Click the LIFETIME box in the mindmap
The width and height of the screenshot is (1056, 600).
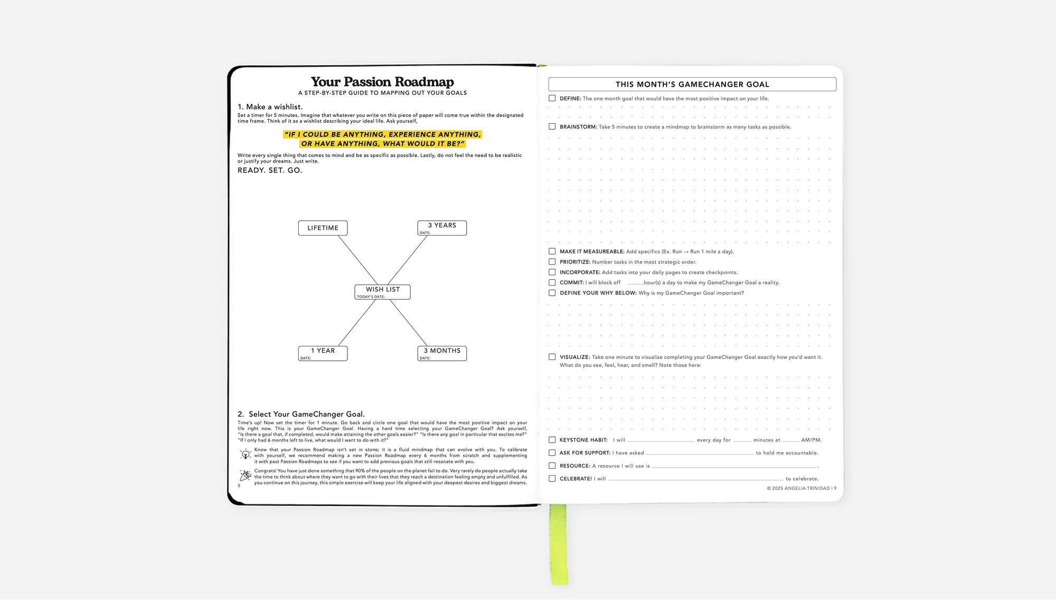pos(323,228)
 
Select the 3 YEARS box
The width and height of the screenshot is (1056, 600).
pos(442,228)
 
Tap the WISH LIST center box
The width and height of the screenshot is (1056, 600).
pos(382,292)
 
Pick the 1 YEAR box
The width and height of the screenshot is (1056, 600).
pos(323,353)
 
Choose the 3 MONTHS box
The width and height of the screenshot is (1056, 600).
pos(442,353)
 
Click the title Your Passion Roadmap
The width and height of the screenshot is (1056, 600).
pos(382,82)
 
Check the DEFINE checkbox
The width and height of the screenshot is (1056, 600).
pos(552,98)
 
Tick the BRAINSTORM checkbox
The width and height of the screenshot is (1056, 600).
pos(552,127)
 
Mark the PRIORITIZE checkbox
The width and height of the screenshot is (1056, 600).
pos(552,262)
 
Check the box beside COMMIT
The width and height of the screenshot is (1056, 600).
pos(552,283)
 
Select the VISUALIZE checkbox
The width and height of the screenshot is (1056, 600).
pos(552,357)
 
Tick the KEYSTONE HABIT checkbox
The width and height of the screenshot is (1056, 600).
pos(552,440)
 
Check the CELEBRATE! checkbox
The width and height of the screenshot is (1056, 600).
pos(552,479)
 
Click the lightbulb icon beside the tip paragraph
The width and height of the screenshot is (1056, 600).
pos(246,454)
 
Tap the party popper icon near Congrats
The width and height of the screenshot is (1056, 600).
pos(246,476)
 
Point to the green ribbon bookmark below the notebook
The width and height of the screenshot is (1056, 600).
pos(558,544)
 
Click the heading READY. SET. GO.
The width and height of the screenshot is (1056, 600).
pos(270,171)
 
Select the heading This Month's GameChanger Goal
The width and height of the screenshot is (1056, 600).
pos(692,85)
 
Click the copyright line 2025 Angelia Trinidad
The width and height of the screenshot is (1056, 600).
pos(801,489)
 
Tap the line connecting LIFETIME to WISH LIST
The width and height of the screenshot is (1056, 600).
pos(358,260)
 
